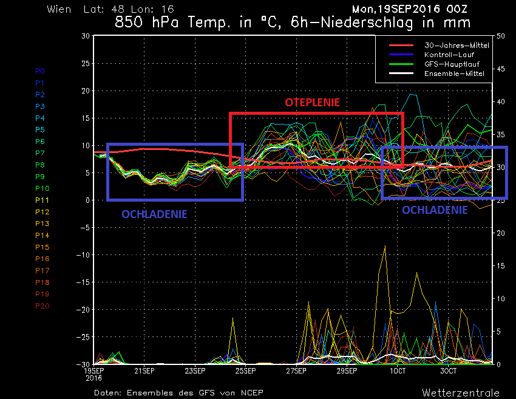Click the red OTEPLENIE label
[313, 103]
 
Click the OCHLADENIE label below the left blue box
[154, 214]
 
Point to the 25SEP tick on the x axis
[245, 370]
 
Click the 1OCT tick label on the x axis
[398, 370]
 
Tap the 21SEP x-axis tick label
[144, 370]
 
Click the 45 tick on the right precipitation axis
[501, 69]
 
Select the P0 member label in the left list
[40, 71]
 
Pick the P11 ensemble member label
[42, 200]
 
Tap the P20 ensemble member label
[42, 305]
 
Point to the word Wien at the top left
[58, 9]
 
